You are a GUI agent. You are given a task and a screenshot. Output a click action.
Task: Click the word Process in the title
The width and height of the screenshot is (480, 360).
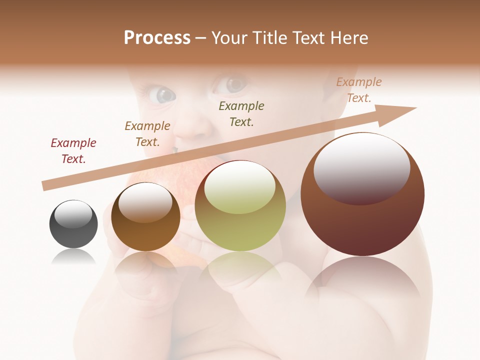tap(157, 38)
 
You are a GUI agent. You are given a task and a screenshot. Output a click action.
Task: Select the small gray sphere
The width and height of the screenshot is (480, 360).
tap(73, 224)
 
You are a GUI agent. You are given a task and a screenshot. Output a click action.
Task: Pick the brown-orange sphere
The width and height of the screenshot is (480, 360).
tap(145, 216)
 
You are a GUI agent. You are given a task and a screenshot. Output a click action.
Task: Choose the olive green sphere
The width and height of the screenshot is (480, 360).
tap(240, 205)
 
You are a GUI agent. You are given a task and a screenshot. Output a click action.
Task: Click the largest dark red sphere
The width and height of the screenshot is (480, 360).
tap(362, 194)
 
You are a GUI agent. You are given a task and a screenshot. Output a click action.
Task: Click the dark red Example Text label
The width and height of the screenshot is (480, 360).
tap(73, 151)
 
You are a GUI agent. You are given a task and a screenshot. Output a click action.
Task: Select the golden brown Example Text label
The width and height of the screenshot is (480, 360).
tap(147, 134)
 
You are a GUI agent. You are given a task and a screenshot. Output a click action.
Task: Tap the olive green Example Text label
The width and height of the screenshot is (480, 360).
tap(241, 113)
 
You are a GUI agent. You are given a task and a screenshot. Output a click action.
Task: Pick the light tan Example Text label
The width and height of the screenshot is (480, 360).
tap(359, 90)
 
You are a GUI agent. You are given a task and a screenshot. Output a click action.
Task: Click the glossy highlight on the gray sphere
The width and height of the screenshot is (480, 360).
tap(73, 214)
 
